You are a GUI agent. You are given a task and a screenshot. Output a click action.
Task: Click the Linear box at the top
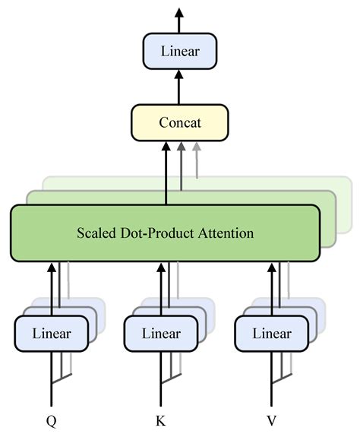[180, 51]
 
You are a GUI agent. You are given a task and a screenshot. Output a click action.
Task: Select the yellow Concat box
[180, 122]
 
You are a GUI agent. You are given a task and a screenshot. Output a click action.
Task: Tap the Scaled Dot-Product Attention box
[166, 233]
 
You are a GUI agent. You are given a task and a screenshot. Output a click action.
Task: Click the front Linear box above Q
[52, 334]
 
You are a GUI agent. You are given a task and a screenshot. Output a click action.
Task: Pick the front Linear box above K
[161, 334]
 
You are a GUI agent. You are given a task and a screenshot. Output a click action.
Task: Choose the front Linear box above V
[272, 334]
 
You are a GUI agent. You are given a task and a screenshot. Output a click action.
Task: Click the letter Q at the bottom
[52, 421]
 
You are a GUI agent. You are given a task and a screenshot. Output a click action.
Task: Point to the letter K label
[161, 421]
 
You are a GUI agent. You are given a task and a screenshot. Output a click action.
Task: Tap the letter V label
[272, 421]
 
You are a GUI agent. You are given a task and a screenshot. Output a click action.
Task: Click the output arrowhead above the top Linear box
[179, 13]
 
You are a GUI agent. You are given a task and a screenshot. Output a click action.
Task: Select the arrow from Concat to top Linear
[179, 87]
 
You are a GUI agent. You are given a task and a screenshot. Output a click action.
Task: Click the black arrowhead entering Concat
[166, 147]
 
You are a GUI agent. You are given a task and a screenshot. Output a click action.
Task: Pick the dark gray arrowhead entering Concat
[181, 147]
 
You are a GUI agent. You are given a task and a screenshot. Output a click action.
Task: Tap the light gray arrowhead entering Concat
[197, 147]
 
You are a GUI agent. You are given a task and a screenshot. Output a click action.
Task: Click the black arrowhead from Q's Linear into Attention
[52, 268]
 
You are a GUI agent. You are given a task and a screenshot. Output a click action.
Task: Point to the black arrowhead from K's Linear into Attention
[161, 268]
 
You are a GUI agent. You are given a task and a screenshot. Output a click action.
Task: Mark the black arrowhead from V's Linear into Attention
[272, 268]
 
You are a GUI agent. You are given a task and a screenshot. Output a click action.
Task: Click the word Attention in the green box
[226, 233]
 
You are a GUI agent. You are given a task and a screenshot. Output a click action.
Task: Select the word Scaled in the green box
[96, 233]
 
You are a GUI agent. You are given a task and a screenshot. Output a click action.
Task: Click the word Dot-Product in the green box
[156, 233]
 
